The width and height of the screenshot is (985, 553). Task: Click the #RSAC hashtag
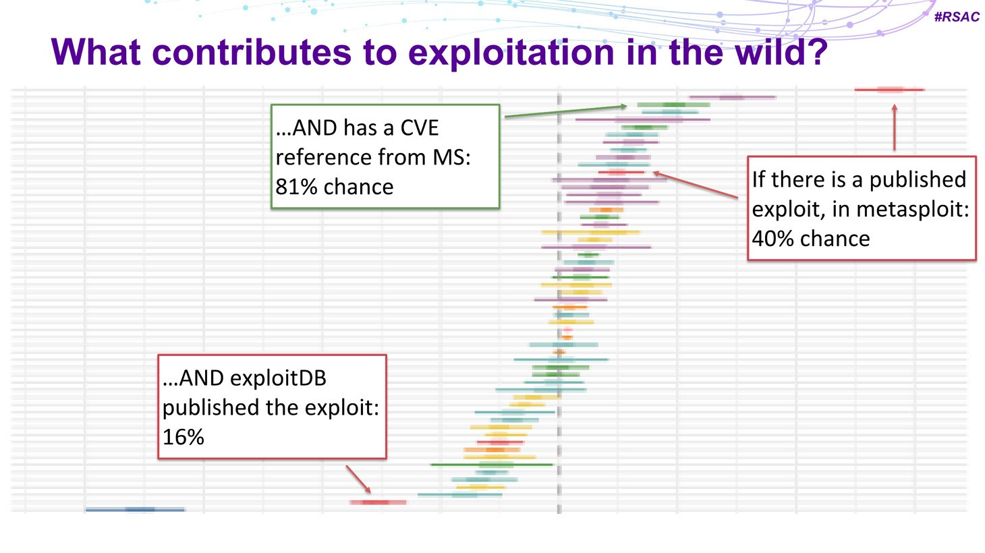(x=957, y=17)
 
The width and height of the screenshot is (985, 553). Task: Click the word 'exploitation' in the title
(x=511, y=52)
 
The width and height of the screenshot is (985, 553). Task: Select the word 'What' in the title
(x=96, y=52)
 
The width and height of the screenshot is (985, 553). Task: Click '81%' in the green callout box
(x=296, y=187)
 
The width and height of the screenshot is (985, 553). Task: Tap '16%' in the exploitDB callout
(x=184, y=437)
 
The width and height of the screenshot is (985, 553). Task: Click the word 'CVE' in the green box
(x=419, y=128)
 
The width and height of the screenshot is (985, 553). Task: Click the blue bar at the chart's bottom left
(x=135, y=509)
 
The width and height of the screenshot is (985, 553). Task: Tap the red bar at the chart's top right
(x=890, y=90)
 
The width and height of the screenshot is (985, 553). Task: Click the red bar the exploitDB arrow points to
(x=378, y=502)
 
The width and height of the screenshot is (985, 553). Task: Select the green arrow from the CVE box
(x=566, y=111)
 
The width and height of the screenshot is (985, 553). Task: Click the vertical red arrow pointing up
(x=894, y=127)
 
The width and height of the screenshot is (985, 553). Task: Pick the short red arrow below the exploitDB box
(x=358, y=479)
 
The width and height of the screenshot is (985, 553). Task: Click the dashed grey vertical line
(x=559, y=303)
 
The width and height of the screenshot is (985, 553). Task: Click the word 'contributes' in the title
(x=252, y=52)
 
